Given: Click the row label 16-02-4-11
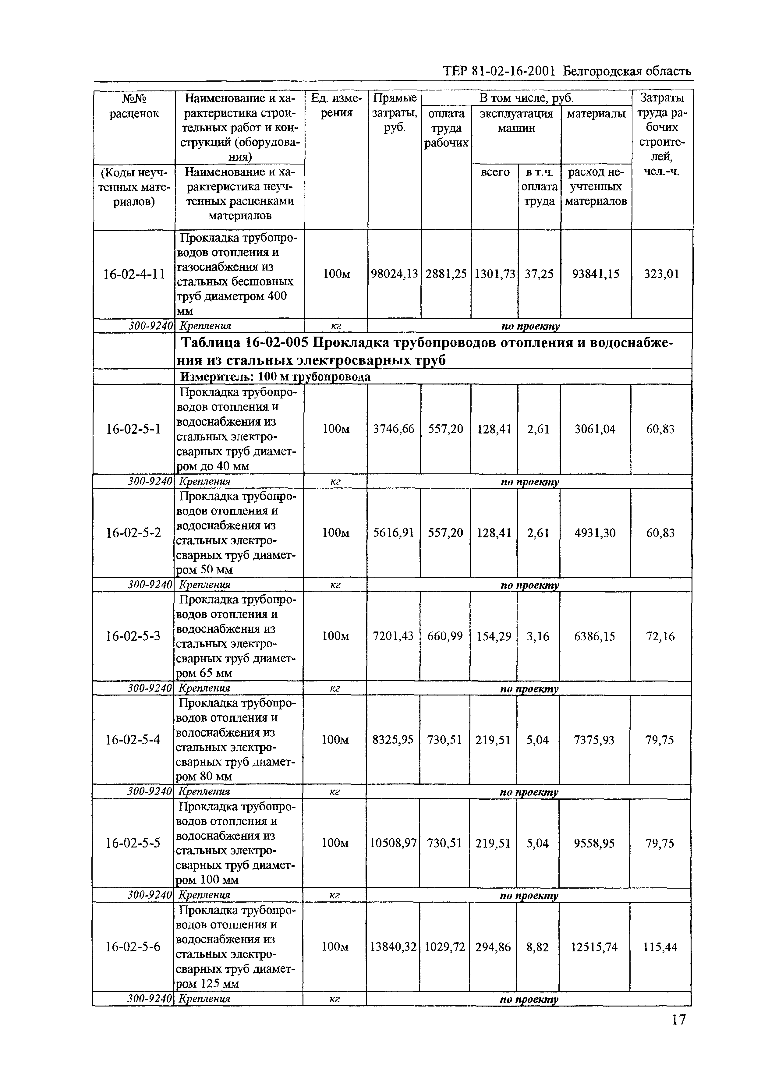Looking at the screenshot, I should coord(134,274).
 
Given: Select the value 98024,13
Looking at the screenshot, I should coord(394,274).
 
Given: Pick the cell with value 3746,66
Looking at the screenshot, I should coord(394,429).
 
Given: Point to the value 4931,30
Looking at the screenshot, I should coord(595,533).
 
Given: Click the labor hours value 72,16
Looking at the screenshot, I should coord(660,636).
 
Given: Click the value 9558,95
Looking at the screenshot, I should coord(594,843).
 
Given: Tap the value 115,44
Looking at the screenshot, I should coord(660,947).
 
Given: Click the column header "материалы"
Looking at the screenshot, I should coord(596,113).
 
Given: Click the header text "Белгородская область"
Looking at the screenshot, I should coord(627,71).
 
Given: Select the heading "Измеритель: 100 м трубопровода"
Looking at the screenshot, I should coord(275,377).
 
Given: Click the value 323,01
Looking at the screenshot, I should coord(662,274).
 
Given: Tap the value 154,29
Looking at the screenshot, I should coord(494,636).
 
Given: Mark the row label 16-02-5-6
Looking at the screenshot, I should coord(133,947).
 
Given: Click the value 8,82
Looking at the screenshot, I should coord(537,947).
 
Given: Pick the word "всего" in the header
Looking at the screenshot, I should coord(495,172).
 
